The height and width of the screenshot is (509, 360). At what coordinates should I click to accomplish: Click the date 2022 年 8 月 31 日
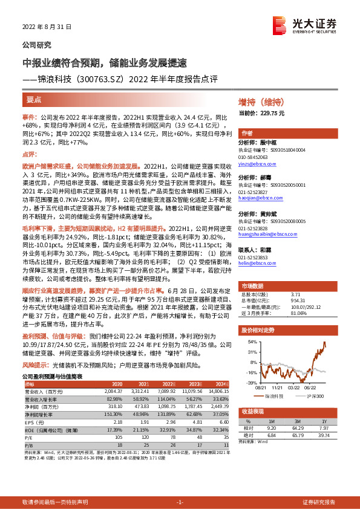(x=47, y=28)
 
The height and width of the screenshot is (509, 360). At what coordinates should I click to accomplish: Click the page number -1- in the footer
(x=179, y=502)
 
